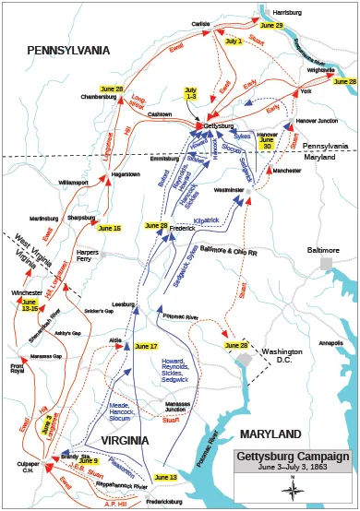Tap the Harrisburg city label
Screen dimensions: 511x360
(x=288, y=12)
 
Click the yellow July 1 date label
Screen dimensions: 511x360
(x=234, y=42)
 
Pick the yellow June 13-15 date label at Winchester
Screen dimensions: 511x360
(x=30, y=305)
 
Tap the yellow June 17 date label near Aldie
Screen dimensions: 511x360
(x=146, y=346)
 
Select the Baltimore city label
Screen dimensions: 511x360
(x=323, y=250)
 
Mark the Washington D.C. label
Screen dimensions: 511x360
(x=282, y=357)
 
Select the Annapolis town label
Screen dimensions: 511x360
(x=330, y=343)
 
